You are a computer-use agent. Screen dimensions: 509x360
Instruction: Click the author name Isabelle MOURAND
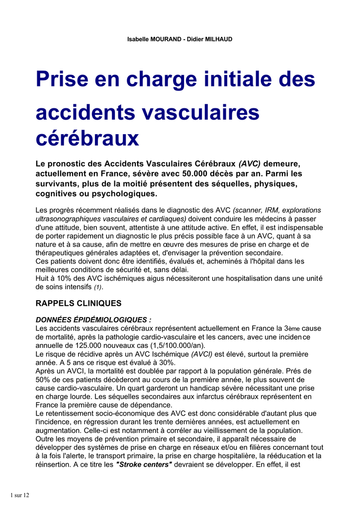tap(155, 39)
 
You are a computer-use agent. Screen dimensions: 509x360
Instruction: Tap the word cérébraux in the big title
tap(87, 138)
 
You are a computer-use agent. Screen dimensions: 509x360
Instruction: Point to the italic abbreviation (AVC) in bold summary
tap(250, 164)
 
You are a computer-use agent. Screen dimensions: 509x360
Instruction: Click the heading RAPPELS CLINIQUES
tap(79, 303)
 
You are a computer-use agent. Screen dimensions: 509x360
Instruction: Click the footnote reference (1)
tap(98, 287)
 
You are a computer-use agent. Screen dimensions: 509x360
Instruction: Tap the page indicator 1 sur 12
tap(20, 495)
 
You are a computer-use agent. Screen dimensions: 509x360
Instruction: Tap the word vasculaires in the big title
tap(201, 112)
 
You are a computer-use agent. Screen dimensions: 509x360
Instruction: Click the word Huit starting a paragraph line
tap(43, 278)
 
